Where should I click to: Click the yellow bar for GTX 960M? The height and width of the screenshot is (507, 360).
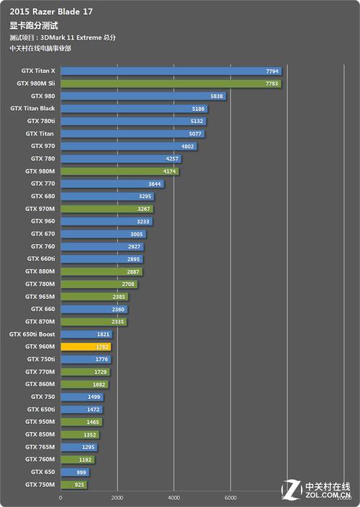pos(86,346)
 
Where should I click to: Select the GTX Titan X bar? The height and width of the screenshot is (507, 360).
pos(171,71)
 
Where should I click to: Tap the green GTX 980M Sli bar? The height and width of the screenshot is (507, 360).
pos(171,84)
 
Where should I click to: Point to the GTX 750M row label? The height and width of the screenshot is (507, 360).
pos(40,485)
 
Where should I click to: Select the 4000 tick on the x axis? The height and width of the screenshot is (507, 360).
pos(174,497)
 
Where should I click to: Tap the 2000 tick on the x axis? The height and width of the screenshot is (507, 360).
pos(117,497)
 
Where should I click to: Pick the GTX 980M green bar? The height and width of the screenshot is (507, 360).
pos(120,171)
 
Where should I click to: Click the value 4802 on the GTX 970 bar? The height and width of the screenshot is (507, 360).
pos(188,146)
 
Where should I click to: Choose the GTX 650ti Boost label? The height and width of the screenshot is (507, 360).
pos(32,334)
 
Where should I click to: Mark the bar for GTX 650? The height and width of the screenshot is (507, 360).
pos(75,472)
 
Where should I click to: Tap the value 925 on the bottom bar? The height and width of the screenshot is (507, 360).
pos(78,485)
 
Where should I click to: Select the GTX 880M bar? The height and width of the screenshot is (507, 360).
pos(102,272)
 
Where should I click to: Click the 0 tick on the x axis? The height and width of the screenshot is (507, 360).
pos(61,497)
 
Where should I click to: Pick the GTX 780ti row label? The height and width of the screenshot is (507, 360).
pos(40,121)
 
